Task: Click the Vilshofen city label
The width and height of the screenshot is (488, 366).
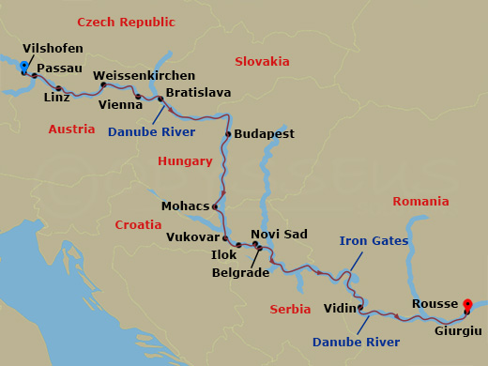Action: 53,48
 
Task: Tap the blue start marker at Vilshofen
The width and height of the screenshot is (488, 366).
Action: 24,66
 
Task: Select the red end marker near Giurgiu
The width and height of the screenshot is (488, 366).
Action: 467,304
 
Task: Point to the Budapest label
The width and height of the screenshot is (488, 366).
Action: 264,134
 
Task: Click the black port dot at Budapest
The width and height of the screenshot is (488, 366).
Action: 228,134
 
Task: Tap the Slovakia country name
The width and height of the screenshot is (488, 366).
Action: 262,62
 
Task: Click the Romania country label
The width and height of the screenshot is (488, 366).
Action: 420,202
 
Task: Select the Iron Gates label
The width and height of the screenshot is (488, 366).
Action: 374,241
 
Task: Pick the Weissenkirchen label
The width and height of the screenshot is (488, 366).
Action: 145,75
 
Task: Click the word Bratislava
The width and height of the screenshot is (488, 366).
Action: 198,94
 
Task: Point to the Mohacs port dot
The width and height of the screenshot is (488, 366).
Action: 216,207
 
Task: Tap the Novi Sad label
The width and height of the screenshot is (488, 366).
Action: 279,234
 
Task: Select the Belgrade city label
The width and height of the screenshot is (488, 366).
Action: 240,273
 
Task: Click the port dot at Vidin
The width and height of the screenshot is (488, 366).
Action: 360,307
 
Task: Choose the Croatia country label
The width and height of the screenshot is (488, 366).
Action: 138,225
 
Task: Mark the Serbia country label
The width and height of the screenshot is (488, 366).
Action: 290,309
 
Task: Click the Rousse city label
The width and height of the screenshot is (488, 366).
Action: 435,304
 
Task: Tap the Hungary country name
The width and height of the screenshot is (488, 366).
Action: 185,161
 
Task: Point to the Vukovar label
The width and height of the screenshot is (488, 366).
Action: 191,237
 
